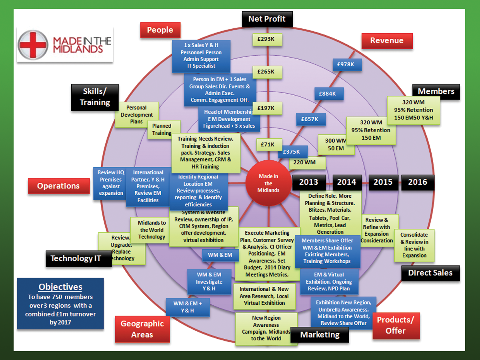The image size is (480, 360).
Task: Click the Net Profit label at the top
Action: pyautogui.click(x=267, y=19)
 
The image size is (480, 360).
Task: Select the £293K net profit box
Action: pyautogui.click(x=267, y=39)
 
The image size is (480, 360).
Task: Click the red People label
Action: pyautogui.click(x=160, y=30)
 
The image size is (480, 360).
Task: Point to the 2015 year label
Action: pyautogui.click(x=383, y=182)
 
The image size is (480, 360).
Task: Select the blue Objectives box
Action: pyautogui.click(x=60, y=304)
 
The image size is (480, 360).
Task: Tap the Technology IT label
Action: pyautogui.click(x=76, y=258)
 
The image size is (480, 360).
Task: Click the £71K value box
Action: pyautogui.click(x=268, y=144)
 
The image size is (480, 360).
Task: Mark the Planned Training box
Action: pyautogui.click(x=162, y=130)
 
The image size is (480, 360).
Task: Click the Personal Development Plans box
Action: pyautogui.click(x=136, y=115)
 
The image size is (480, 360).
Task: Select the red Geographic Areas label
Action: pyautogui.click(x=142, y=329)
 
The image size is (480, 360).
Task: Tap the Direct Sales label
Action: pyautogui.click(x=430, y=273)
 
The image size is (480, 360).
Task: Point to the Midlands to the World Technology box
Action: pyautogui.click(x=152, y=230)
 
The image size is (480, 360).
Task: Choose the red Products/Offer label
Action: pyautogui.click(x=396, y=325)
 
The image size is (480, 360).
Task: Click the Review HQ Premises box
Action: pyautogui.click(x=111, y=183)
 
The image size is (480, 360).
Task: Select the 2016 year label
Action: pyautogui.click(x=418, y=182)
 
